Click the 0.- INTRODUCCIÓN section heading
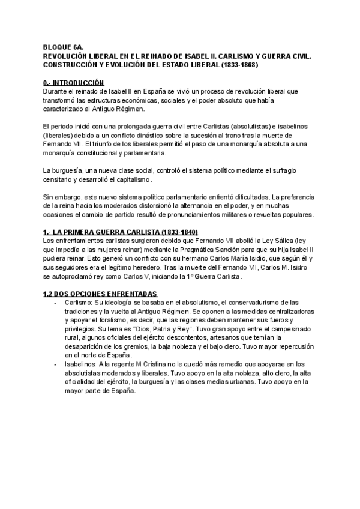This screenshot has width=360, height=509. pyautogui.click(x=65, y=82)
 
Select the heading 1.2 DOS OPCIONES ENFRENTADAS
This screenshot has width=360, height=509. pyautogui.click(x=97, y=294)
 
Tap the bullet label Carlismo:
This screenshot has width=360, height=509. pyautogui.click(x=80, y=303)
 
